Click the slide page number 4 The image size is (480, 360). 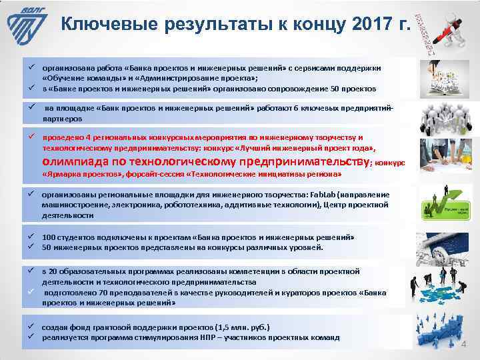[x=465, y=345]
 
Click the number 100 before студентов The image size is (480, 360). [x=49, y=237]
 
